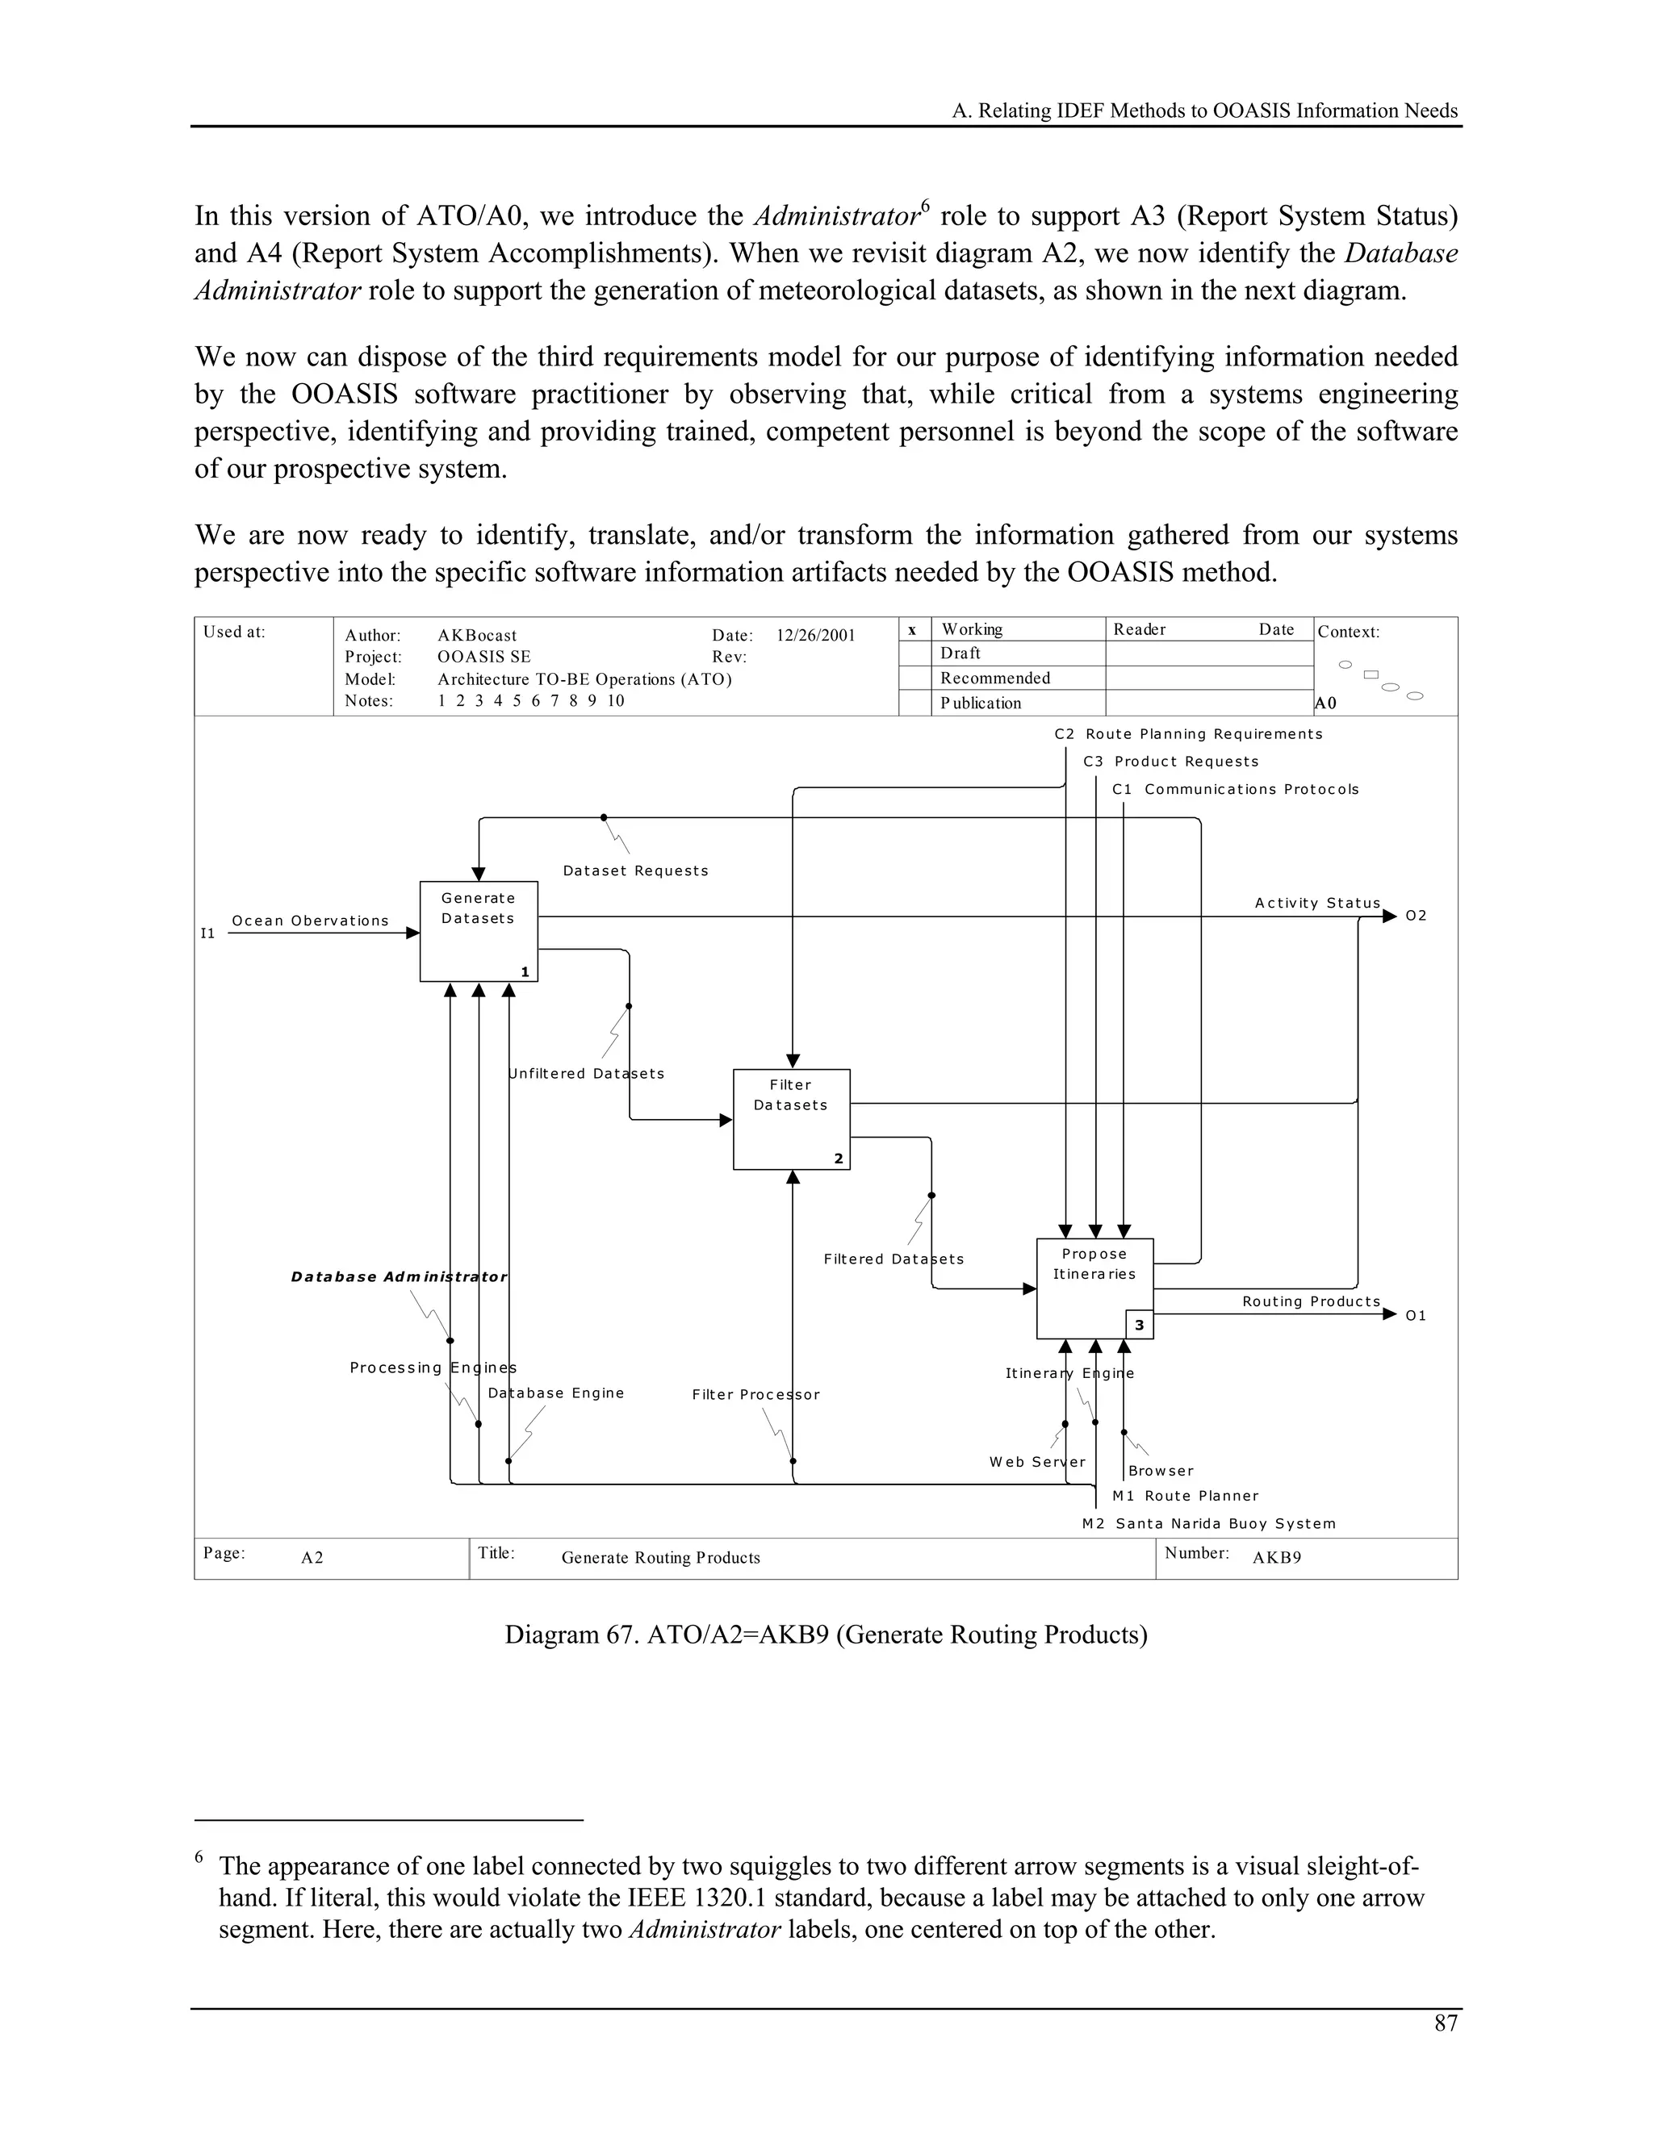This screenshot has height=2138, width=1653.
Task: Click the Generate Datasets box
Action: tap(478, 931)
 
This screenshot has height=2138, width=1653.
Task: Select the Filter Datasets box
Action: tap(791, 1119)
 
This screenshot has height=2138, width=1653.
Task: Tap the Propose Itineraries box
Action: tap(1094, 1288)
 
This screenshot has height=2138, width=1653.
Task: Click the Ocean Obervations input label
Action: tap(309, 921)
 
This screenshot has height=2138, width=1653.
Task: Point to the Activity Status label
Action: tap(1317, 903)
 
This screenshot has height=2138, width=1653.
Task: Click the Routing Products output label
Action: tap(1310, 1301)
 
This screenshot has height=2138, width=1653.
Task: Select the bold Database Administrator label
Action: tap(399, 1276)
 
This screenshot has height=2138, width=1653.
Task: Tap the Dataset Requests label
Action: tap(635, 871)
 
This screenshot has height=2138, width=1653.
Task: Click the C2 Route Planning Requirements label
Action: tap(1188, 733)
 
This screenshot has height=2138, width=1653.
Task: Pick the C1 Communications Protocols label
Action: tap(1235, 789)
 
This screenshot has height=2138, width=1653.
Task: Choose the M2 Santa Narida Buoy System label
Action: tap(1208, 1523)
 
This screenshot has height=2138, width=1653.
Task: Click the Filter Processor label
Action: tap(755, 1394)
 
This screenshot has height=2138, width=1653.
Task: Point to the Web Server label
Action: tap(1037, 1462)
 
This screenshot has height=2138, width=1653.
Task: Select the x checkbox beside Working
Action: tap(913, 629)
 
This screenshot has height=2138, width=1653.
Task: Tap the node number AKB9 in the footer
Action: tap(1276, 1557)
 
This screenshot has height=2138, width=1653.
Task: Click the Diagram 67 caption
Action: tap(826, 1634)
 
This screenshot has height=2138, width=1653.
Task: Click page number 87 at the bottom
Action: tap(1446, 2023)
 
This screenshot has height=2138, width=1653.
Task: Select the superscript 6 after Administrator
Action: tap(923, 206)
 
